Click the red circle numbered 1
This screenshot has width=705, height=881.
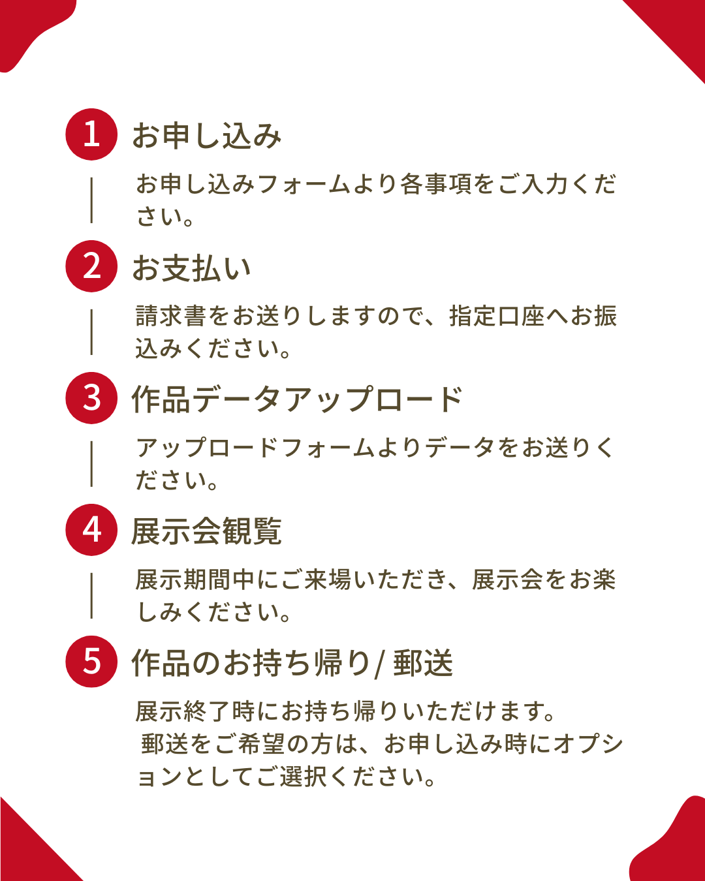(91, 134)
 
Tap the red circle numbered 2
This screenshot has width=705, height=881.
(91, 266)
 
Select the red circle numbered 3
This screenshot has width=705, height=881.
(91, 398)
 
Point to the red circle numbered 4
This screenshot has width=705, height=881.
(91, 530)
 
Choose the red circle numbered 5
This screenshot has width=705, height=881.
(91, 662)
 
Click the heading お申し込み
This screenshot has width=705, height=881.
(206, 136)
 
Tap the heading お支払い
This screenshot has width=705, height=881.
(191, 268)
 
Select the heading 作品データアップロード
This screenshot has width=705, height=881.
(297, 399)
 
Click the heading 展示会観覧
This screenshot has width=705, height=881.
(206, 531)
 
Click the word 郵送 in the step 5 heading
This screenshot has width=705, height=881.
(423, 663)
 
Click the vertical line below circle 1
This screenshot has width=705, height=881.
(91, 200)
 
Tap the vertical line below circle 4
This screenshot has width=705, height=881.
(91, 595)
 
